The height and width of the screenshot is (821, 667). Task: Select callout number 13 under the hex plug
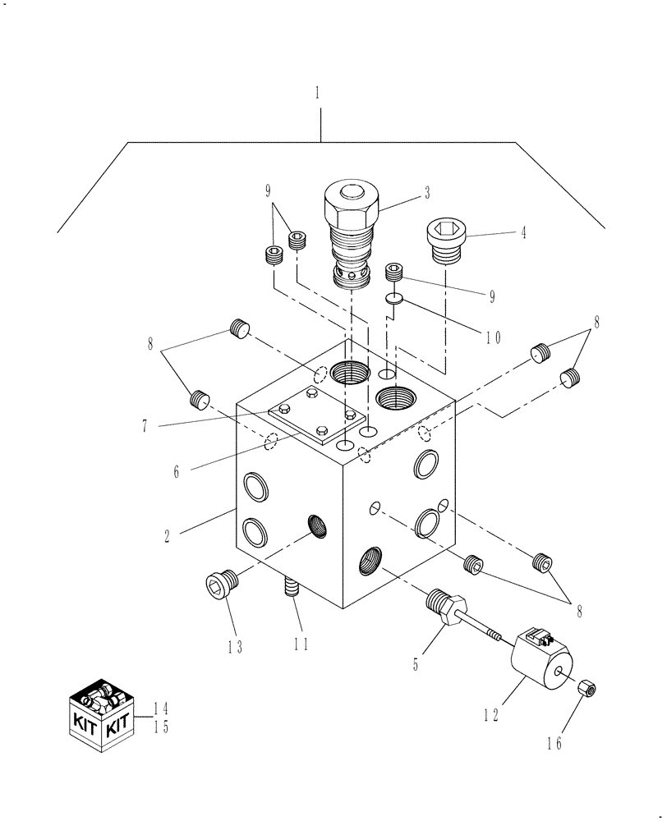[236, 647]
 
